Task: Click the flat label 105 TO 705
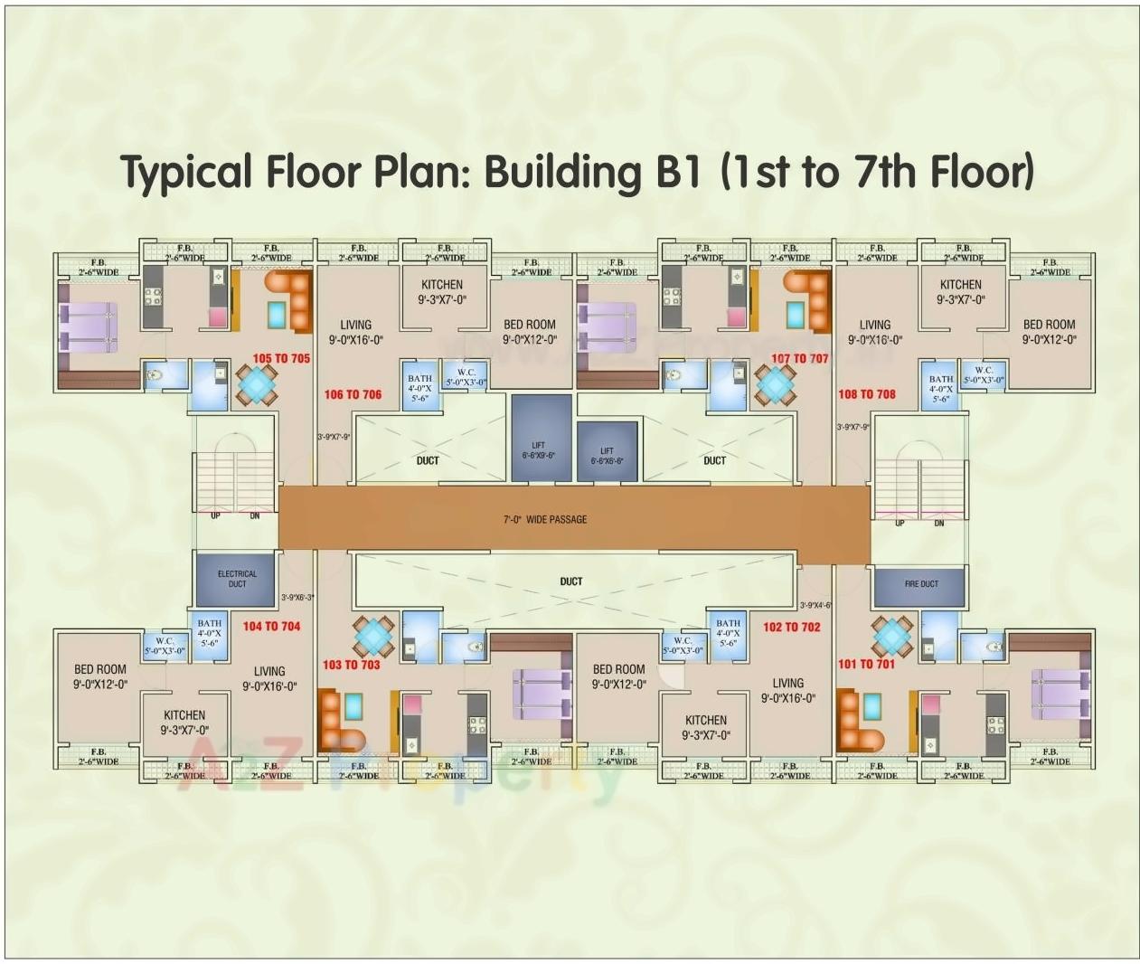tap(281, 359)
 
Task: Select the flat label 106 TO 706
tap(353, 395)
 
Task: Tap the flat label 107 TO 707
tap(799, 359)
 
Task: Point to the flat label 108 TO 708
tap(866, 394)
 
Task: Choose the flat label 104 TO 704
tap(271, 626)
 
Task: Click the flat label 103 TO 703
tap(351, 665)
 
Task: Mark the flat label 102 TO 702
tap(791, 627)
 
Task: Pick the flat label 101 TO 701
tap(865, 665)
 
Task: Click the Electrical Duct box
tap(236, 580)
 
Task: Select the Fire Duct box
tap(920, 585)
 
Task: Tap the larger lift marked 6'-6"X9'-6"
tap(541, 438)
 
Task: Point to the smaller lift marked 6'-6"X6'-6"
tap(607, 450)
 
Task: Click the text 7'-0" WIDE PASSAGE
tap(544, 520)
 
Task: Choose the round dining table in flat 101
tap(891, 636)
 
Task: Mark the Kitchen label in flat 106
tap(441, 285)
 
